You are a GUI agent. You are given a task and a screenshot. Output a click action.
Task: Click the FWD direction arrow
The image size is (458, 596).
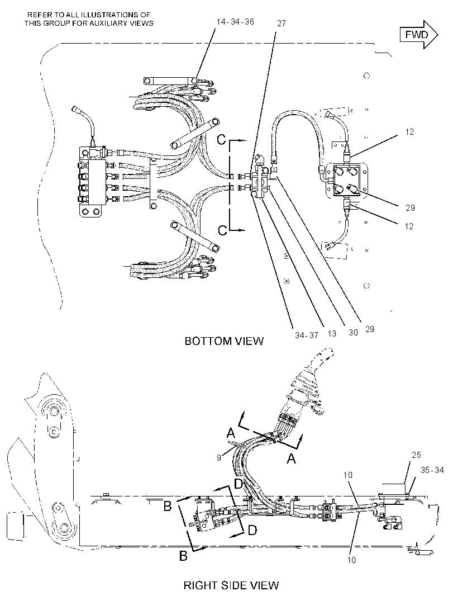click(x=419, y=35)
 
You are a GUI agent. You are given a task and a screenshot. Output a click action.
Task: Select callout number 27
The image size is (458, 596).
click(x=282, y=23)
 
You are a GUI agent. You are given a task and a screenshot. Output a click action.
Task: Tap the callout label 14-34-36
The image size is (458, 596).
click(x=235, y=22)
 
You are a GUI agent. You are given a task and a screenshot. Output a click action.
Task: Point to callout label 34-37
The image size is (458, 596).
click(x=307, y=335)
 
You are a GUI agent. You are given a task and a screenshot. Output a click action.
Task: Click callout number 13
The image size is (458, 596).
click(x=332, y=334)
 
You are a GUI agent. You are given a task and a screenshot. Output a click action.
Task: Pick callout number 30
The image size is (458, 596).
click(x=353, y=333)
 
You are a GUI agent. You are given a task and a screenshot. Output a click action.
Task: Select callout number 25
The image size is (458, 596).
click(x=416, y=455)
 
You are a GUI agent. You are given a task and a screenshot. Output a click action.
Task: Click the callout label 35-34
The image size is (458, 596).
click(x=432, y=470)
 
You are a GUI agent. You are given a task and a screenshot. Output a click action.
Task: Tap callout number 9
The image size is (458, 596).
click(x=219, y=458)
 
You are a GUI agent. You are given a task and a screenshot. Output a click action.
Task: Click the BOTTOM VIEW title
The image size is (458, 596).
click(x=224, y=341)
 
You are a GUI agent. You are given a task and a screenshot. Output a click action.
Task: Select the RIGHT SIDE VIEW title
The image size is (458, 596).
click(x=231, y=585)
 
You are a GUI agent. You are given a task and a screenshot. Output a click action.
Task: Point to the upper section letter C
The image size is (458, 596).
click(x=221, y=140)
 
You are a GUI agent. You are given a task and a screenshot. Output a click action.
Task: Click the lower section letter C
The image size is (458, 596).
click(x=222, y=230)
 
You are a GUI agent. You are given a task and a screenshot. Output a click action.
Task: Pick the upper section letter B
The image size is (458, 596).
click(x=168, y=506)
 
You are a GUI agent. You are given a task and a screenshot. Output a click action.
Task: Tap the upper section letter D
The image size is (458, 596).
click(x=238, y=484)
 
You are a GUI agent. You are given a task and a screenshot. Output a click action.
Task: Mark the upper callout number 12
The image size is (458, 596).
click(x=409, y=132)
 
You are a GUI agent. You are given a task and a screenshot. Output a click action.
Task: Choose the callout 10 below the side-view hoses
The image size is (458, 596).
click(x=352, y=560)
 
